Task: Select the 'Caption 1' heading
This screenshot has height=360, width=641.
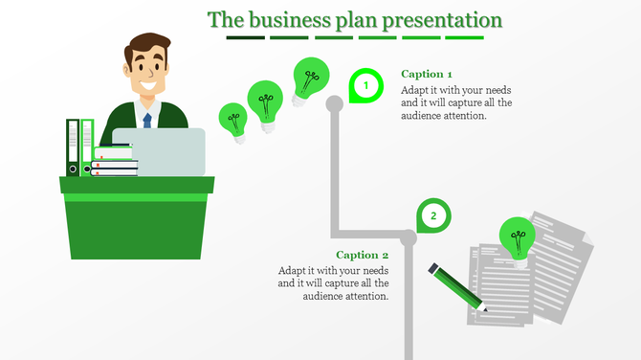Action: click(427, 74)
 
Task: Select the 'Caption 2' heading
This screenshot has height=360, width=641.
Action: click(363, 255)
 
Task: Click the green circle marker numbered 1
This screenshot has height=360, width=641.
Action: click(365, 86)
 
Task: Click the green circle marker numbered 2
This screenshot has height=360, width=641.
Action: click(432, 216)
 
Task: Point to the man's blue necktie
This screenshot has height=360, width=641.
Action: click(147, 120)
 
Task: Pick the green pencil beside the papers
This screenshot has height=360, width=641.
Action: click(457, 288)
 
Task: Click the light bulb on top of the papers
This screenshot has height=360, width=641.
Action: click(518, 236)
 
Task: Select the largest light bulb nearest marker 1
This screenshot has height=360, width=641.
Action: click(310, 78)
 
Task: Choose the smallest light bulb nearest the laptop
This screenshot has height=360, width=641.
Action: click(232, 121)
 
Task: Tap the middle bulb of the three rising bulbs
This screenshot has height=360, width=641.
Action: click(265, 100)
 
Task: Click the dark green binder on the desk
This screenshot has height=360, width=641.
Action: click(73, 147)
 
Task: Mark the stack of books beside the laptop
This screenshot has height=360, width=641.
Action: click(116, 160)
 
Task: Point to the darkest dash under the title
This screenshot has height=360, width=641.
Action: click(245, 38)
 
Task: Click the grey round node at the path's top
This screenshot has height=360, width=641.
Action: click(334, 102)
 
